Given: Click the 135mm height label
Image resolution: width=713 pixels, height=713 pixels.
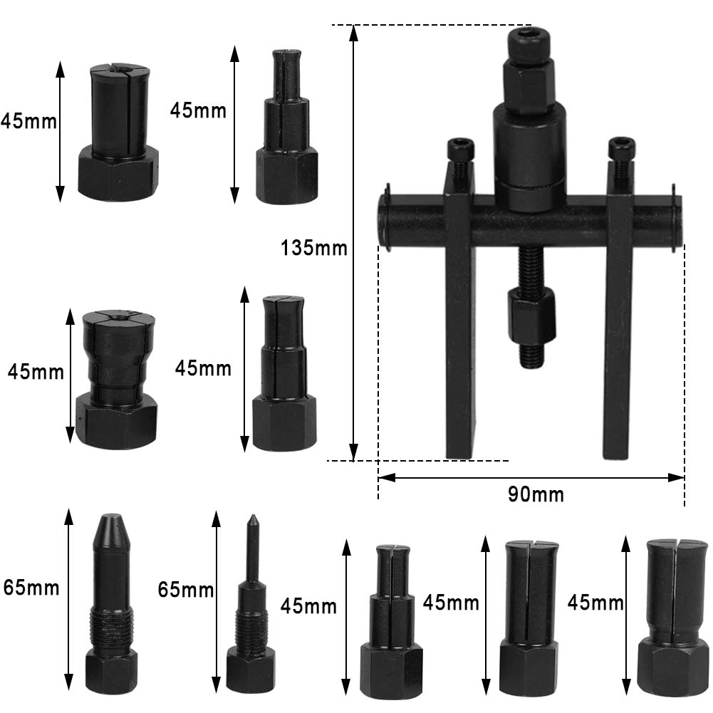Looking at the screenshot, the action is [x=313, y=249].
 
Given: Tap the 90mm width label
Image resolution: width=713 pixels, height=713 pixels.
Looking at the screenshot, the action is [x=536, y=494].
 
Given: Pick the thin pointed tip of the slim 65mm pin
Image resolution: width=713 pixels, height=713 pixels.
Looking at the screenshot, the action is [x=252, y=519].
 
